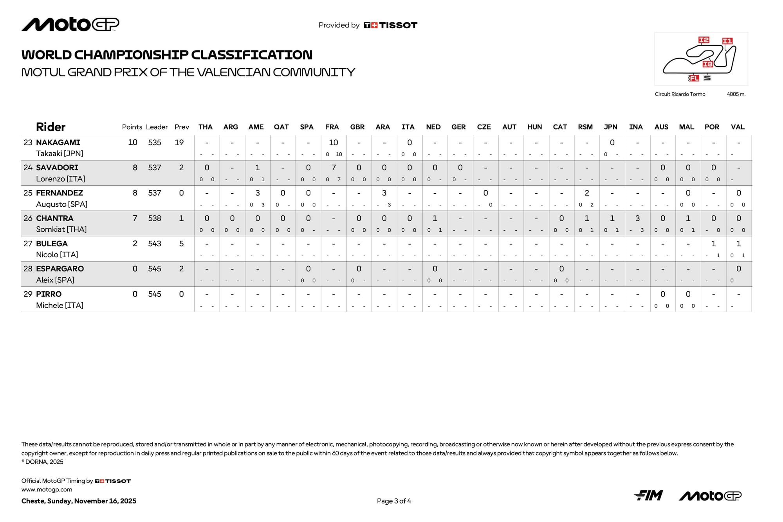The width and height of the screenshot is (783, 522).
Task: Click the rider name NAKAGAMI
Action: (x=58, y=143)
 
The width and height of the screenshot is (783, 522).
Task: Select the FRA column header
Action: (x=332, y=127)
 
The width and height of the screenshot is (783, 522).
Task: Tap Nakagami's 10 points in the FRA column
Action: (x=333, y=143)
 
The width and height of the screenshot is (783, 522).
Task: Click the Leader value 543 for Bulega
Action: (x=155, y=244)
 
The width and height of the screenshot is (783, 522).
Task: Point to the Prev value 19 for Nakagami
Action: (x=179, y=143)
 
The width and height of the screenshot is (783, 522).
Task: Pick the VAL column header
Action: (x=738, y=127)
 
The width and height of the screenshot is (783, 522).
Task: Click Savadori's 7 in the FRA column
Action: (x=333, y=168)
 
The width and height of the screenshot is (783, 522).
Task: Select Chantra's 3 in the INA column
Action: (x=637, y=218)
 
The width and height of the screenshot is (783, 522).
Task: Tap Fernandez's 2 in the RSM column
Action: (x=586, y=193)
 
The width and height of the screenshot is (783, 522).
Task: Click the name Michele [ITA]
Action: (x=60, y=305)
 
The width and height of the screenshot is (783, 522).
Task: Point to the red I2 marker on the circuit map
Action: (x=704, y=40)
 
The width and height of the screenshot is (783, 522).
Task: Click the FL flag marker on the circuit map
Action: (x=693, y=78)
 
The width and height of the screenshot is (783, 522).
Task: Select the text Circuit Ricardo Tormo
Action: (x=680, y=94)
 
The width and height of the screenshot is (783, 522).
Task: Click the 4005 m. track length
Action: (x=736, y=94)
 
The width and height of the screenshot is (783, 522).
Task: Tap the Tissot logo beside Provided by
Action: (x=390, y=25)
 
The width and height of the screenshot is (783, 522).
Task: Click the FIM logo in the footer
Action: (x=648, y=495)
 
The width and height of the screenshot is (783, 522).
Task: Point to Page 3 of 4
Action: (x=394, y=501)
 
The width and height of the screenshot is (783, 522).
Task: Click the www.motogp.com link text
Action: (x=47, y=489)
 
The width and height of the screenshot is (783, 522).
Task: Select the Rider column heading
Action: (x=51, y=127)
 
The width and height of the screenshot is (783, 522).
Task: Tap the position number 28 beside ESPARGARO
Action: (x=28, y=269)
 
